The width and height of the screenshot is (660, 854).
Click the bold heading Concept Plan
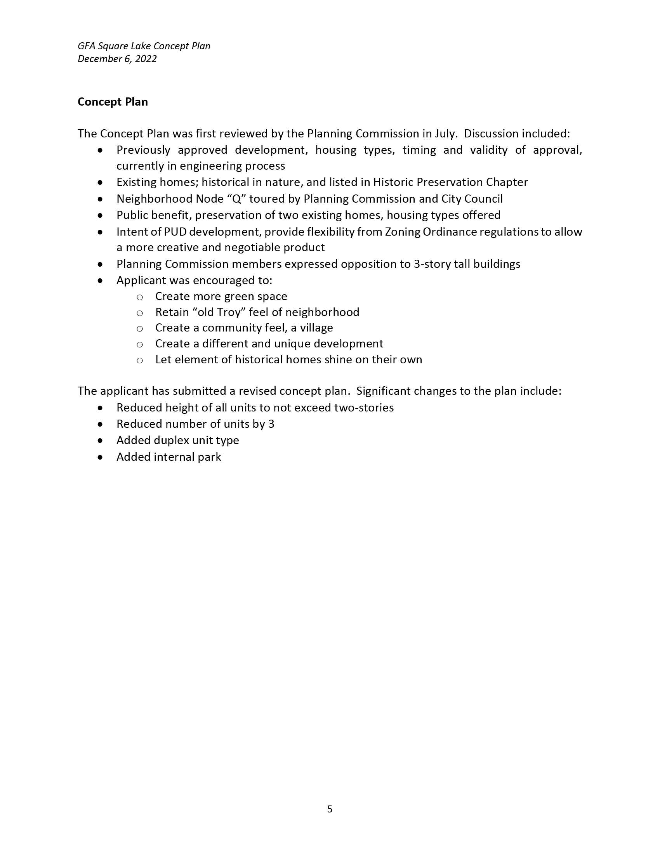113,102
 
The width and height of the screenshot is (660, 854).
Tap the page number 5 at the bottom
330,809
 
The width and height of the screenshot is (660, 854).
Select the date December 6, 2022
117,59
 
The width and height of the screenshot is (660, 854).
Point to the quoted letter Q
236,199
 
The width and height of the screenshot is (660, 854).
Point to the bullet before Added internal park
101,457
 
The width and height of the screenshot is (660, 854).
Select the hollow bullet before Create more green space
140,297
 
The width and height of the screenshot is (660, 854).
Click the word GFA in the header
86,46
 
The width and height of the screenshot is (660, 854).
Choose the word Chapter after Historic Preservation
507,182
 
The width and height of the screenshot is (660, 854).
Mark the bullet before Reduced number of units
101,424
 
